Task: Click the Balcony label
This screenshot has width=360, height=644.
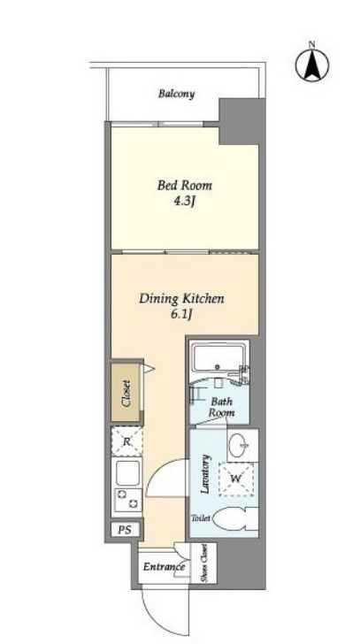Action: click(177, 94)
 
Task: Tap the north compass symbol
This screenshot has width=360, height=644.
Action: click(312, 65)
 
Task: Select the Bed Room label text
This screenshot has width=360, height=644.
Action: click(185, 185)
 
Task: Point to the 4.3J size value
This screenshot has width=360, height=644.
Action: click(185, 203)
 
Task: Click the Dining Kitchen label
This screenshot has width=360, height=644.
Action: click(181, 299)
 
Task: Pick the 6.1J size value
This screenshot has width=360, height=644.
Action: click(181, 316)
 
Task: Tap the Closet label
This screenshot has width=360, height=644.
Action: click(126, 393)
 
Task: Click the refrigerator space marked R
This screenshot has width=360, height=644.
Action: click(127, 441)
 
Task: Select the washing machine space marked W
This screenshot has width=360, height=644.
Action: click(235, 479)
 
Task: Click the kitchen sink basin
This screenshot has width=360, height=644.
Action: click(127, 472)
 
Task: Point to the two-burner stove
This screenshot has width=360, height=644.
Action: click(127, 500)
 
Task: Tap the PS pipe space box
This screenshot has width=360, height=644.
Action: click(126, 530)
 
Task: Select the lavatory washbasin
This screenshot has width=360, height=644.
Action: click(239, 445)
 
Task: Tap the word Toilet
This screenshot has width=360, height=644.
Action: click(201, 518)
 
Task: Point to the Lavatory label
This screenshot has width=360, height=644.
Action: click(206, 473)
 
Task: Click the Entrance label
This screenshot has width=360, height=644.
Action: click(164, 568)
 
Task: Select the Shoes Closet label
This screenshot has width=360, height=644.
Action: click(203, 563)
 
